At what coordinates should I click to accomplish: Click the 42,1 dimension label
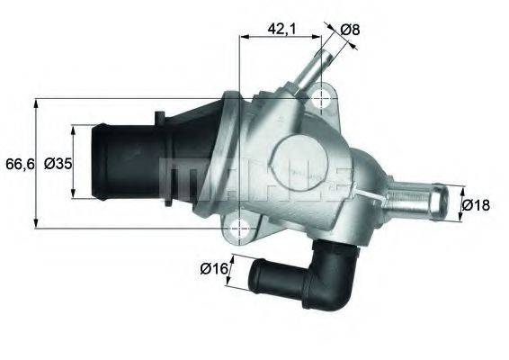281,29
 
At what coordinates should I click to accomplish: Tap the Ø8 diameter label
350,29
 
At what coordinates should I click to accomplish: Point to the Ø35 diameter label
58,163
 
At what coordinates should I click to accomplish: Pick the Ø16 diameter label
212,267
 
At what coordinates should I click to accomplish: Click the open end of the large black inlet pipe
102,164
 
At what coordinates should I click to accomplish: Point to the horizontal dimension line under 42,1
281,38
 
